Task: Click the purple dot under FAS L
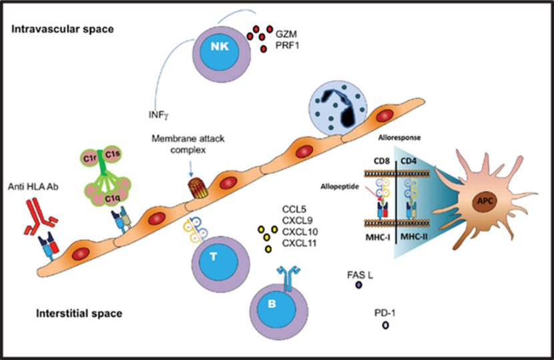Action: [x=358, y=285]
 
